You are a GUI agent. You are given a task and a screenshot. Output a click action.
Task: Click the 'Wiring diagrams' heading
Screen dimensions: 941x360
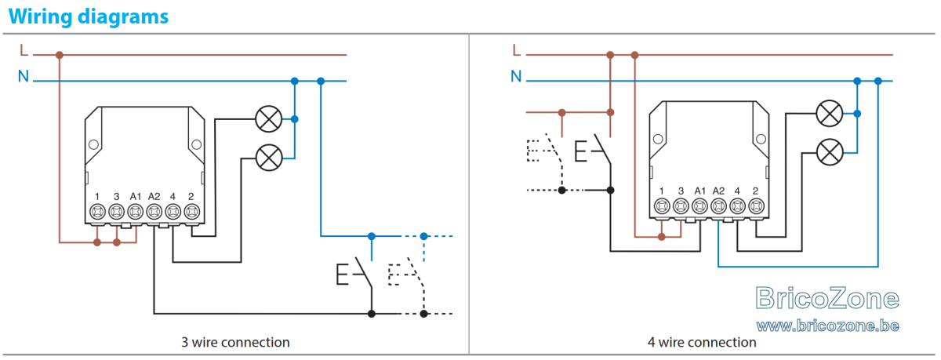click(88, 16)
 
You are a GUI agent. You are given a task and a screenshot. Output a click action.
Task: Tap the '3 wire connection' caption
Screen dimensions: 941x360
click(235, 343)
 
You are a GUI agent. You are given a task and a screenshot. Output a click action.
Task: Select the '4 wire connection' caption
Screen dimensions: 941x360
click(702, 343)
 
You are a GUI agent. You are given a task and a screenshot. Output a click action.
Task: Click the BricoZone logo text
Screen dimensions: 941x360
click(827, 298)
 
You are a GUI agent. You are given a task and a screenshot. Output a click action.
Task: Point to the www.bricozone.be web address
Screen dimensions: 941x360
click(827, 326)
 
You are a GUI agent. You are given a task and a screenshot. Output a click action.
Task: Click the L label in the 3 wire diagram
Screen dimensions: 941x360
click(24, 50)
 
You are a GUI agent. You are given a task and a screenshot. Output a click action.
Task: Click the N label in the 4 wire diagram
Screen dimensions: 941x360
click(516, 76)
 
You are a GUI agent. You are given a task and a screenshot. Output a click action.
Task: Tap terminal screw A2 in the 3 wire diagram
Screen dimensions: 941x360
click(154, 211)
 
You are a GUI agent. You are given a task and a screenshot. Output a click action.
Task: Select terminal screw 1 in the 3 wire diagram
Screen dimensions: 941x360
click(97, 211)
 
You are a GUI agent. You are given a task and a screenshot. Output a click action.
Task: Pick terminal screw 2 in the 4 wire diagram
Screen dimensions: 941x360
click(756, 206)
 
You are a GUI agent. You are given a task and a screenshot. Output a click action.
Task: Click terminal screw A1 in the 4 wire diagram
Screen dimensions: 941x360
click(699, 206)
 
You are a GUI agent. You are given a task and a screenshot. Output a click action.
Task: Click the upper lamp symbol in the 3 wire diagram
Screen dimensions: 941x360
click(269, 119)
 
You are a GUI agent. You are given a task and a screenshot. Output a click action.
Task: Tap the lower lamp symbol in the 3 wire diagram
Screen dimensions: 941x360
click(269, 158)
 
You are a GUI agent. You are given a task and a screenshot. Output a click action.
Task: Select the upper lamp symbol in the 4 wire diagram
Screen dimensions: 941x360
click(830, 114)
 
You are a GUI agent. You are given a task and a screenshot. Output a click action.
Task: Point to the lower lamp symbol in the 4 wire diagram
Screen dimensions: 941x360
click(830, 152)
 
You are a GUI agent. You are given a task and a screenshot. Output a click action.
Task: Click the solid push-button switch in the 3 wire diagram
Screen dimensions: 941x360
click(355, 274)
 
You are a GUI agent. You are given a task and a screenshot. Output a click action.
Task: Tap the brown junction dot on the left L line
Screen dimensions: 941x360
click(60, 55)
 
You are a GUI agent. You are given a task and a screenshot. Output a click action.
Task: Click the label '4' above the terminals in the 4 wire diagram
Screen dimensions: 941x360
click(737, 191)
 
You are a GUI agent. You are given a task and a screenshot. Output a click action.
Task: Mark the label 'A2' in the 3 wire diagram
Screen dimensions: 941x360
click(154, 196)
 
